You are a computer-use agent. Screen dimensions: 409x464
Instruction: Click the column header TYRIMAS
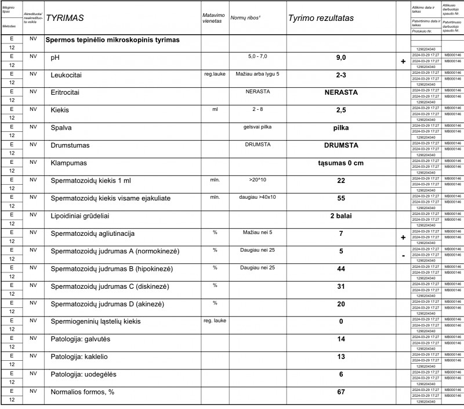click(x=64, y=18)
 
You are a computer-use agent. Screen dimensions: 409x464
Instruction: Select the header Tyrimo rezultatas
click(x=321, y=18)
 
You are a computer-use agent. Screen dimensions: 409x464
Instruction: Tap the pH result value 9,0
click(x=340, y=58)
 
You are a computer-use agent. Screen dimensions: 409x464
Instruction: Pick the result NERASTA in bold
click(x=340, y=92)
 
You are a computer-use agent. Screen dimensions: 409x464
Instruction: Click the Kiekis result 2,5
click(x=340, y=110)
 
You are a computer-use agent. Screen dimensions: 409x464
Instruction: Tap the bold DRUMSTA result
click(x=340, y=145)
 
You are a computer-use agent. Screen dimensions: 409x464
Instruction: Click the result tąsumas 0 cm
click(x=340, y=163)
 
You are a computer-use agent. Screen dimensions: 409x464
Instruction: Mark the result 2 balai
click(x=340, y=216)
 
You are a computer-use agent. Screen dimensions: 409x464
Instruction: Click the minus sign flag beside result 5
click(x=403, y=255)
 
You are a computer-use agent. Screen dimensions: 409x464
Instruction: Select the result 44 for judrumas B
click(x=340, y=269)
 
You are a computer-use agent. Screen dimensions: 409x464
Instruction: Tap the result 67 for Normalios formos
click(x=340, y=392)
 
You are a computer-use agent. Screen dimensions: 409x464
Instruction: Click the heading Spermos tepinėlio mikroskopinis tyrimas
click(x=112, y=41)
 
